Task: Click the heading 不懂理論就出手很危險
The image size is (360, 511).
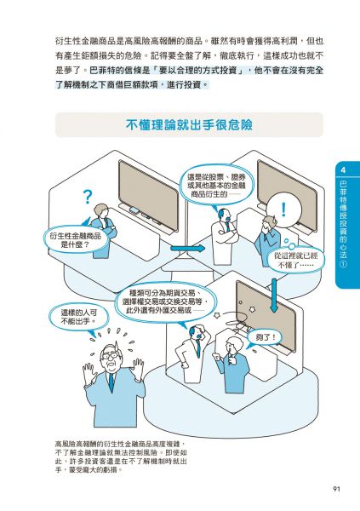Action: pyautogui.click(x=189, y=125)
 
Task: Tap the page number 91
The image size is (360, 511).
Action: pyautogui.click(x=336, y=489)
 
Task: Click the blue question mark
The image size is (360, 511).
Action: pyautogui.click(x=88, y=197)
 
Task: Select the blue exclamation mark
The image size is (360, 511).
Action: pyautogui.click(x=283, y=210)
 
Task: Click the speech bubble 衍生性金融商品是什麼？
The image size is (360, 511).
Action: pyautogui.click(x=75, y=240)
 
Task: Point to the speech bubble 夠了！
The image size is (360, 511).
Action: pyautogui.click(x=265, y=337)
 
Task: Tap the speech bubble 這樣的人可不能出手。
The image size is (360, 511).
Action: pyautogui.click(x=78, y=318)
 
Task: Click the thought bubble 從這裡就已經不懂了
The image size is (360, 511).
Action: pyautogui.click(x=295, y=260)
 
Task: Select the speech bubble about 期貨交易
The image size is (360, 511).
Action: pyautogui.click(x=166, y=301)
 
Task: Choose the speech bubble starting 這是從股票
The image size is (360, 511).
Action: pyautogui.click(x=216, y=186)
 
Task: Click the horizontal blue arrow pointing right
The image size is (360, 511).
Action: pyautogui.click(x=187, y=249)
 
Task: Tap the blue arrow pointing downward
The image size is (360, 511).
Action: pyautogui.click(x=274, y=296)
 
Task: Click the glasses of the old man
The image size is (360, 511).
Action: pyautogui.click(x=110, y=355)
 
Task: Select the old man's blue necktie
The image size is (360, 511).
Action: pyautogui.click(x=111, y=382)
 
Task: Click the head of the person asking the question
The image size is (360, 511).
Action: pyautogui.click(x=100, y=212)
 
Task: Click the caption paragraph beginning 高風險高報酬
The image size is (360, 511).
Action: pyautogui.click(x=121, y=456)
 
